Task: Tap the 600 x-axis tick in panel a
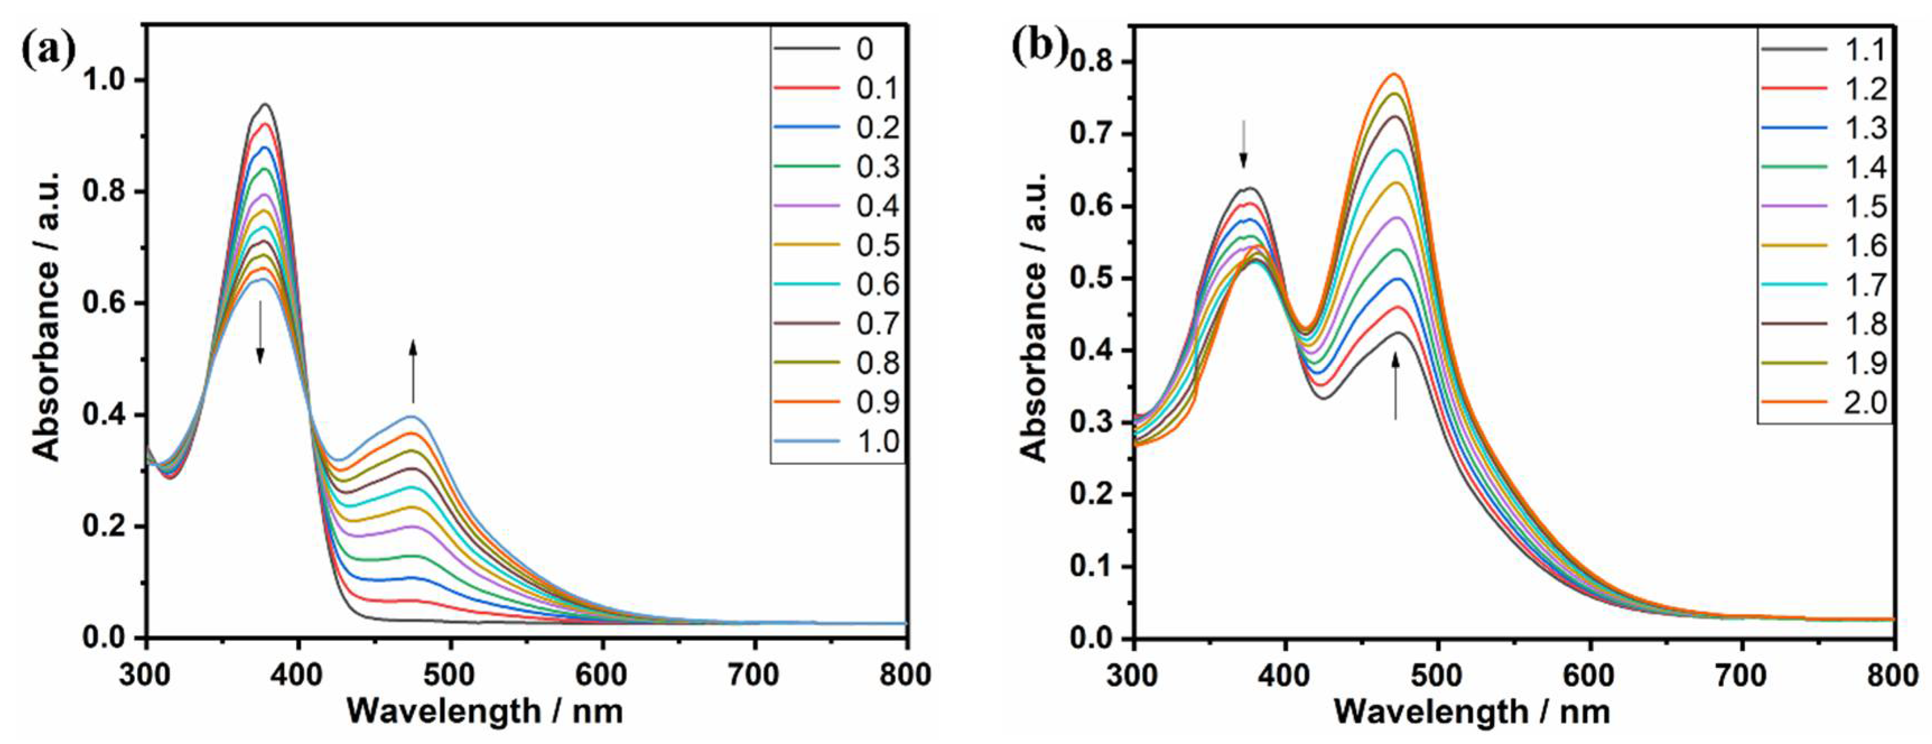(602, 675)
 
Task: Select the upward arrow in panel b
(1396, 385)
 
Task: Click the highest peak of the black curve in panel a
(265, 104)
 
